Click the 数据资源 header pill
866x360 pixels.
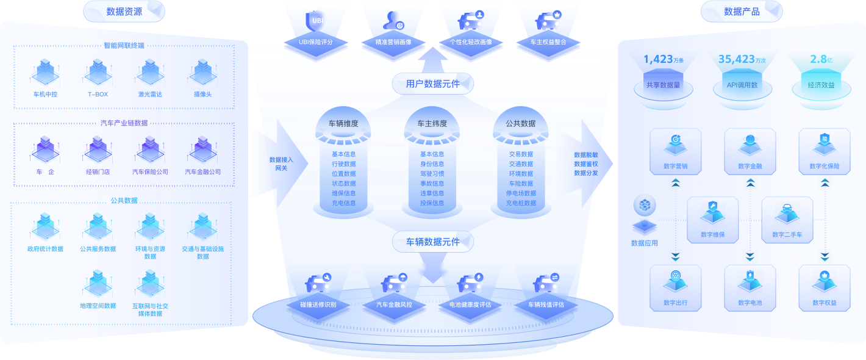[x=124, y=12]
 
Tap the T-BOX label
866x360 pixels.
[x=98, y=95]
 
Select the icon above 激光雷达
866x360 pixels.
[x=150, y=72]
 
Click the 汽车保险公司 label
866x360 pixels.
[x=150, y=171]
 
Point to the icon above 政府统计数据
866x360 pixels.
[x=45, y=226]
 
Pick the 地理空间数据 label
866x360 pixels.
[x=98, y=306]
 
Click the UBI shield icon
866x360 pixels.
[x=315, y=21]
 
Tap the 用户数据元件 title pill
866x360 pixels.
[x=432, y=84]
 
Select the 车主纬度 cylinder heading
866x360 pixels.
[x=432, y=123]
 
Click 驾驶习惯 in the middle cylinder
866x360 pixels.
[x=432, y=174]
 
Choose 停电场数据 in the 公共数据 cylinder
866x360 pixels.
[x=521, y=193]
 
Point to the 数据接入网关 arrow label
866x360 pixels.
[x=281, y=164]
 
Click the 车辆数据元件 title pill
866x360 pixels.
[x=432, y=242]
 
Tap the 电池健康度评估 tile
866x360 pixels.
[x=470, y=304]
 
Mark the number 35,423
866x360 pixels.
[x=737, y=59]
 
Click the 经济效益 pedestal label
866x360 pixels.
[x=821, y=85]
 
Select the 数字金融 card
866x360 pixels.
[x=750, y=151]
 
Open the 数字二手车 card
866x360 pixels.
[x=787, y=220]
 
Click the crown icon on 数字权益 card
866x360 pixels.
[x=825, y=276]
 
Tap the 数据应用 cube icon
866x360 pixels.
[x=645, y=205]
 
